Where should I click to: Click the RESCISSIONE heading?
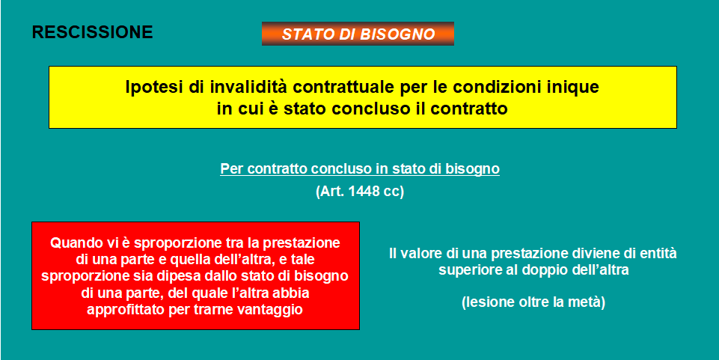pos(93,32)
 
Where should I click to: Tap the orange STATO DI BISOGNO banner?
pos(358,34)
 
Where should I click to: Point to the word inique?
pos(578,88)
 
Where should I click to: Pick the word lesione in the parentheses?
pos(490,302)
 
